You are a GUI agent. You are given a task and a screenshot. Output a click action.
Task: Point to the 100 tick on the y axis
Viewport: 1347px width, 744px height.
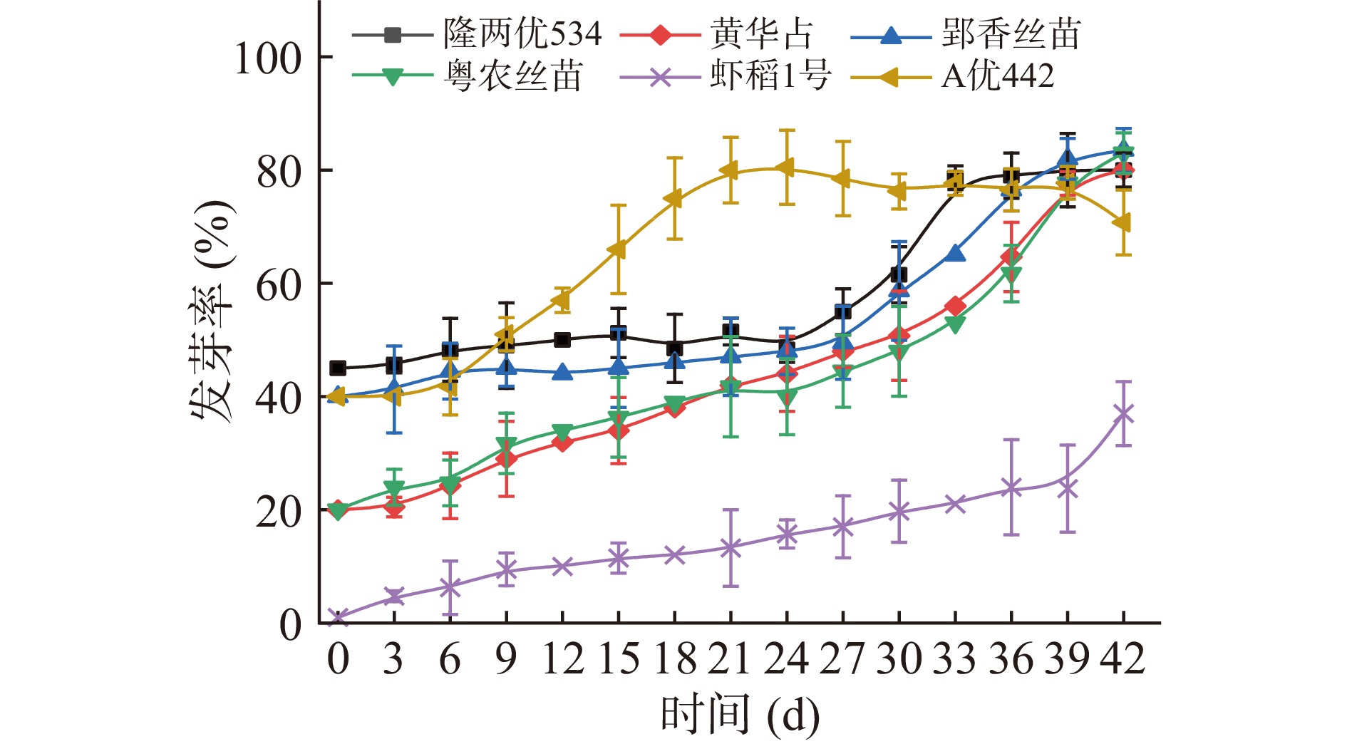pos(268,58)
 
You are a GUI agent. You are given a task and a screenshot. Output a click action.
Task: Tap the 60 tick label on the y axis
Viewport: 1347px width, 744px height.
pos(279,284)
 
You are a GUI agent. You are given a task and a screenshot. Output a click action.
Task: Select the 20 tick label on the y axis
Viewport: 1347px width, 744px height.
pos(279,511)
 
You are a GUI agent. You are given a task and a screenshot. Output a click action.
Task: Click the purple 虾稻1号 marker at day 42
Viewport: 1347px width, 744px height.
pos(1123,414)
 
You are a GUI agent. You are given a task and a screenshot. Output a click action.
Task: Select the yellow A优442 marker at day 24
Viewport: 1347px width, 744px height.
pos(786,168)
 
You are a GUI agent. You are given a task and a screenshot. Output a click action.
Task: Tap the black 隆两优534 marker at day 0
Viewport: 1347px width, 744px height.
pos(338,368)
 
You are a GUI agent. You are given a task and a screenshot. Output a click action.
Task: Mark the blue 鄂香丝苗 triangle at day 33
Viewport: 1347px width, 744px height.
pos(955,253)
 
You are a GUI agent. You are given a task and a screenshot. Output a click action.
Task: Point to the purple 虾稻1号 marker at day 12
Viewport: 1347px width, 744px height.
pos(562,567)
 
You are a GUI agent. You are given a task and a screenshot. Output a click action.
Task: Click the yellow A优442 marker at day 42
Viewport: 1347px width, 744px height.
pos(1122,223)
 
